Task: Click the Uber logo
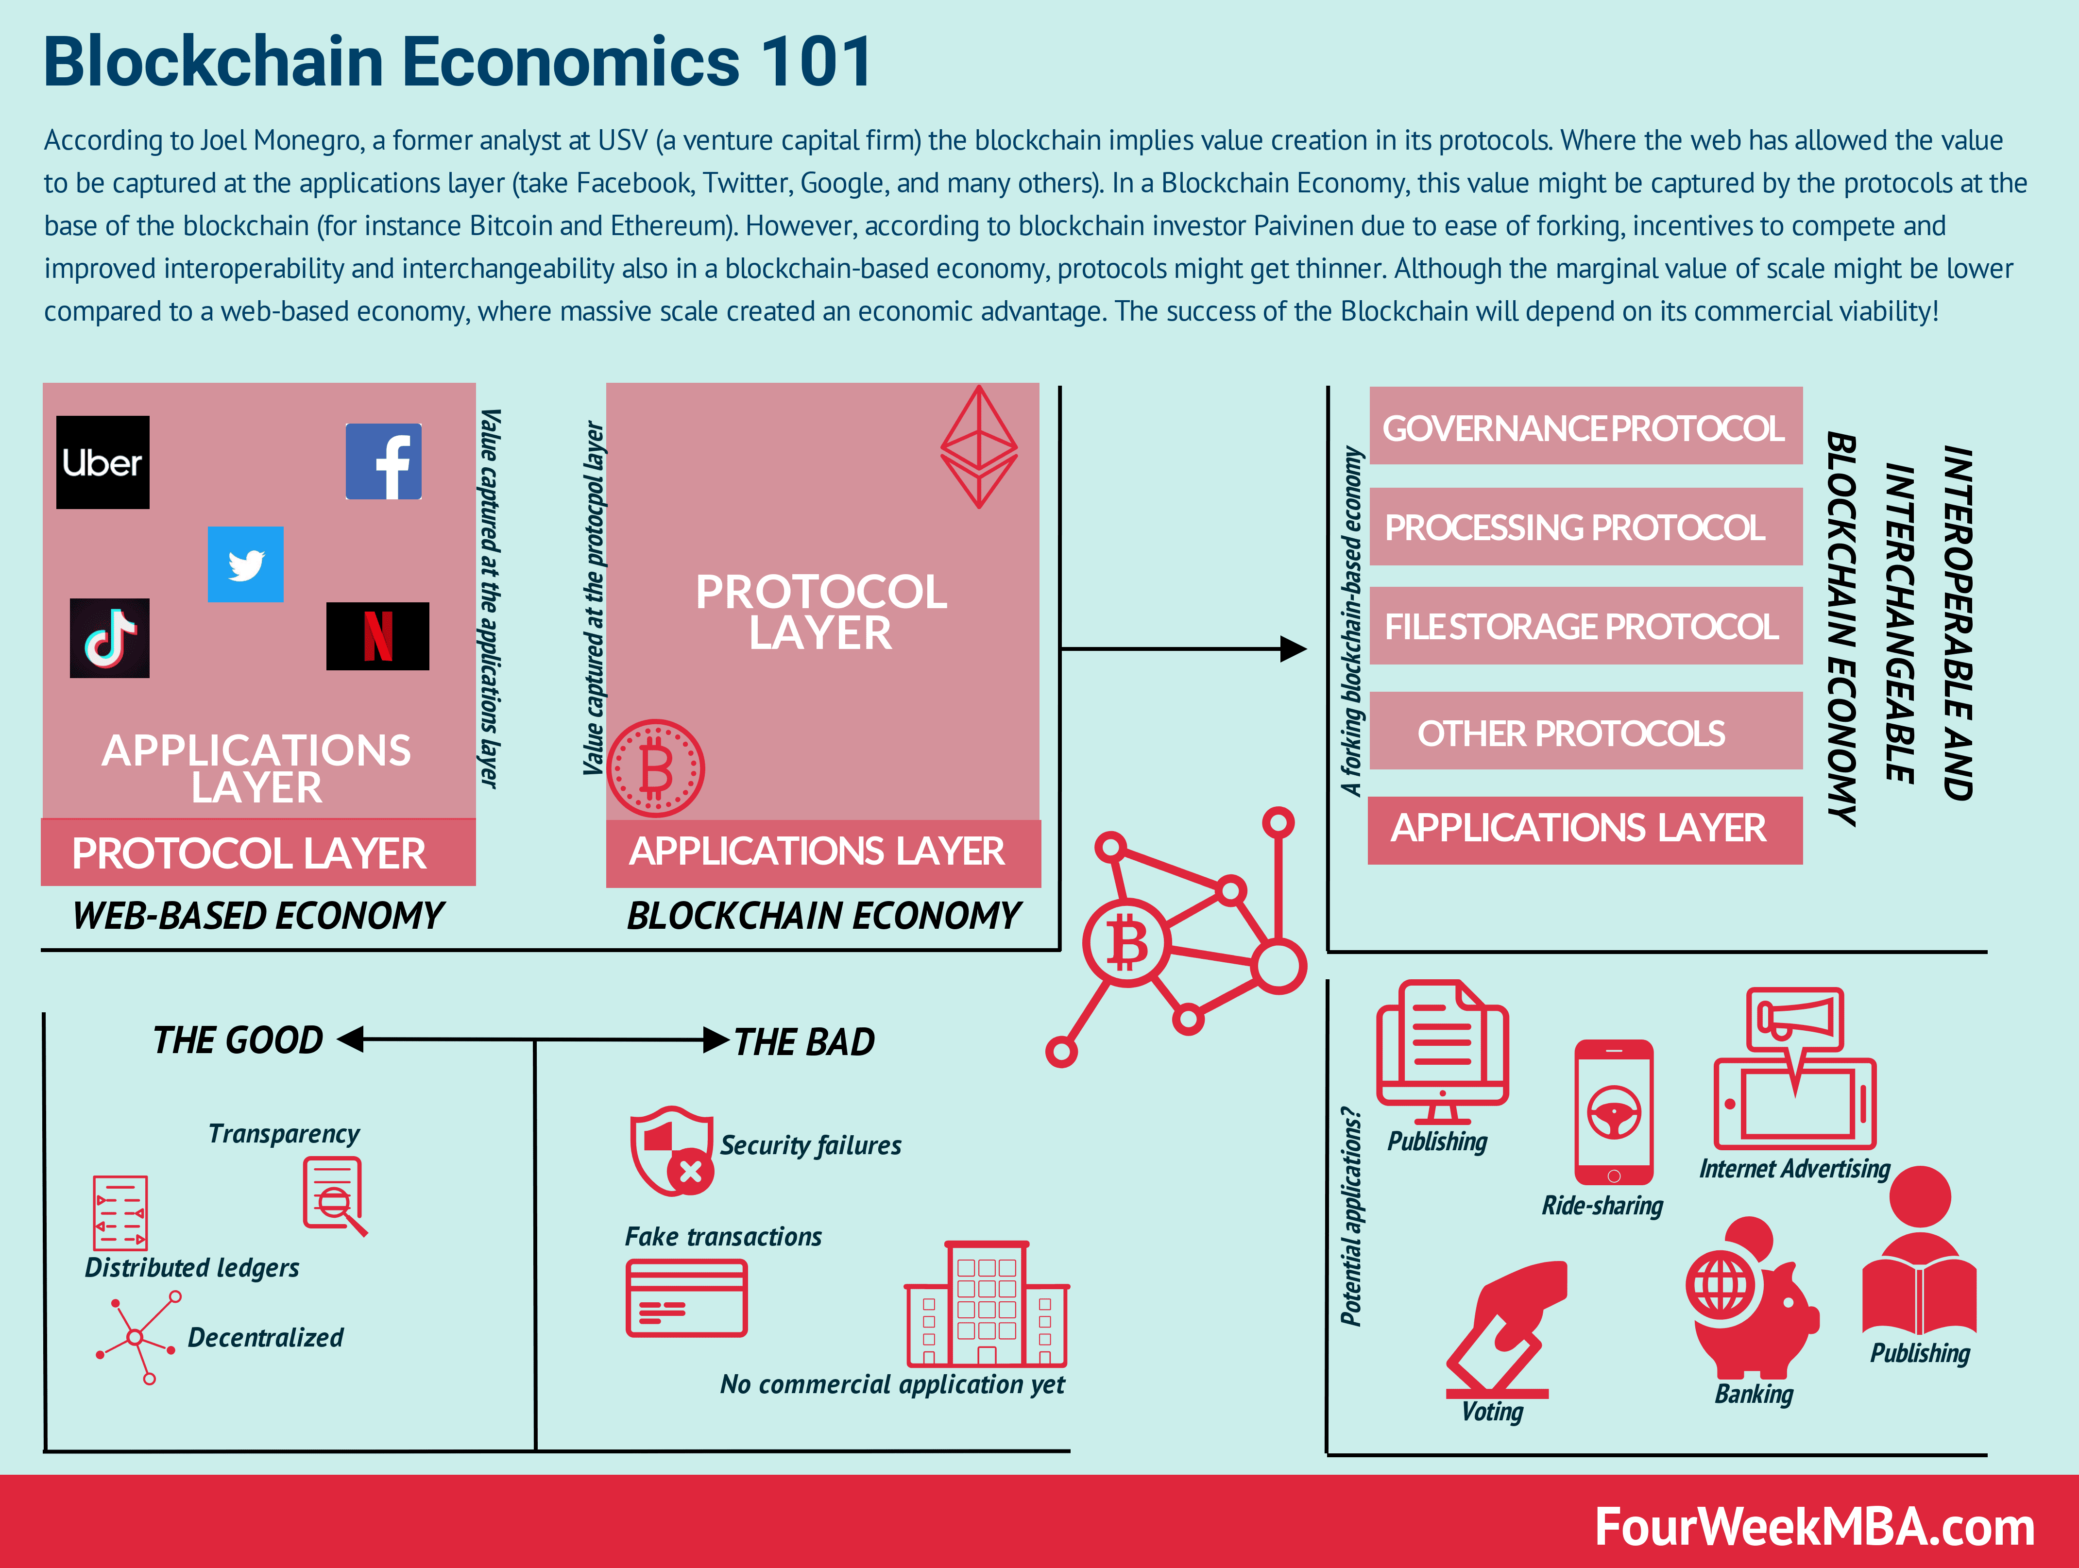(x=102, y=462)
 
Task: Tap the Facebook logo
(x=383, y=461)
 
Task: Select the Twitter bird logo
(x=245, y=564)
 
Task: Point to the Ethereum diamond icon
(x=978, y=446)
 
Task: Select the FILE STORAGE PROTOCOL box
(x=1585, y=626)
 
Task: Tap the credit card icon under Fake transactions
(x=686, y=1298)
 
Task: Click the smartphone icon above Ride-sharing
(x=1614, y=1112)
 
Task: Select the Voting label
(x=1492, y=1411)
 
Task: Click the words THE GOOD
(x=238, y=1040)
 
